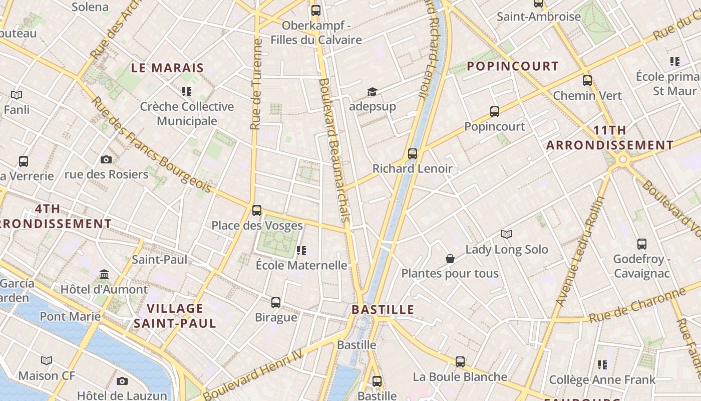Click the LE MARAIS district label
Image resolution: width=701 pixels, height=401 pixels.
[167, 68]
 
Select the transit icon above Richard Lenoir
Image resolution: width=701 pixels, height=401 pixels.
[413, 154]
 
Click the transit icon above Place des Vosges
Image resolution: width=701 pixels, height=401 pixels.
[257, 211]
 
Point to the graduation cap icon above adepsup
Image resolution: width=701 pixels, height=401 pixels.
[372, 92]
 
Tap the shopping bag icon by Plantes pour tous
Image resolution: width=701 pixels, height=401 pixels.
[450, 259]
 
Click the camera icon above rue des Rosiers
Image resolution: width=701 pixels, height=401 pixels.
[106, 159]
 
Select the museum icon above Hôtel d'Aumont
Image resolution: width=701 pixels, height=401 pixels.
[104, 274]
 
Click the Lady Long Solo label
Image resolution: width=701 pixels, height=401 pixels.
[507, 249]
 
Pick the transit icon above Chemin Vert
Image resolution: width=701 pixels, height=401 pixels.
[587, 81]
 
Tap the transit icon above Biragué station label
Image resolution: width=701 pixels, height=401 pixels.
[276, 303]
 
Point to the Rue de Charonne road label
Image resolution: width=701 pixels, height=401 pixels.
[636, 305]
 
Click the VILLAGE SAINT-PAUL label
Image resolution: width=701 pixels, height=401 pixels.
[175, 316]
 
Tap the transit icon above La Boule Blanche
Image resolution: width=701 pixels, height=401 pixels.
[460, 362]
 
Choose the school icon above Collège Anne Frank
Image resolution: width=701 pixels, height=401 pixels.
[602, 365]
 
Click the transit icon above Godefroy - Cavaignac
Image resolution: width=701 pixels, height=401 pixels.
[642, 244]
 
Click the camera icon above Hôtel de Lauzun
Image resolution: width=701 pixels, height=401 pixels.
[122, 381]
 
